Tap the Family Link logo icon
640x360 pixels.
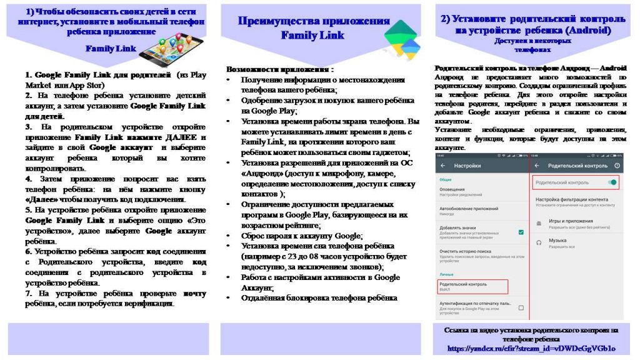tap(399, 37)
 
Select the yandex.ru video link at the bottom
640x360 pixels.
tap(531, 347)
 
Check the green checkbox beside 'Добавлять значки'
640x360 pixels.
tap(521, 232)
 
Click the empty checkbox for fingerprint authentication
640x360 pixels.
tap(521, 306)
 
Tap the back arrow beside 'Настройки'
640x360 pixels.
tap(443, 166)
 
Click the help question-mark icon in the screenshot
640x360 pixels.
tap(617, 166)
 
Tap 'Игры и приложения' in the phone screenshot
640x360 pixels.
tap(571, 221)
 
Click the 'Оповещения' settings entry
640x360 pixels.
tap(452, 189)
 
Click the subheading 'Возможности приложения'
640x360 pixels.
tap(280, 69)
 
